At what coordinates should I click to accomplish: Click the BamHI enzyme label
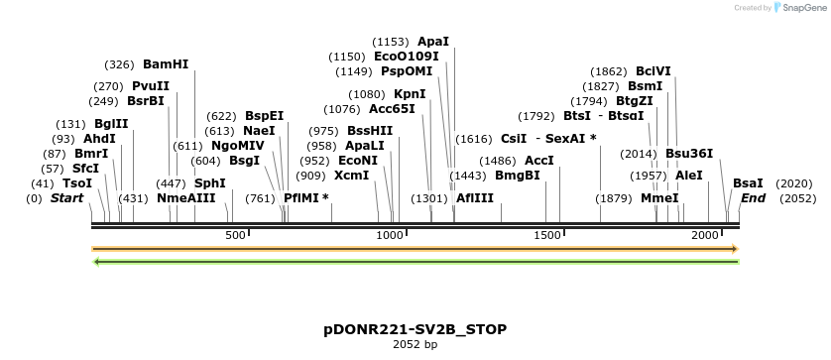166,64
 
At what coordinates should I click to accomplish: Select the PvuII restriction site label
151,86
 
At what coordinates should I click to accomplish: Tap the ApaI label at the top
433,42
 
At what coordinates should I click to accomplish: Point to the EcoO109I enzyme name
407,57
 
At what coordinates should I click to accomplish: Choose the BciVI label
653,71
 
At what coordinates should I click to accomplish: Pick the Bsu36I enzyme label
689,154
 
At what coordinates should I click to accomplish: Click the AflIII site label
475,198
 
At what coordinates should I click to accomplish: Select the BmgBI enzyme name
517,176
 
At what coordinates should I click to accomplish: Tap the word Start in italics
67,198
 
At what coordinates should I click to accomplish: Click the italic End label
753,198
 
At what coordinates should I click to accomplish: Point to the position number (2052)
797,198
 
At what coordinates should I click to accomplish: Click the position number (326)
119,64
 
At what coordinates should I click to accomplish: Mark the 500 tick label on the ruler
235,235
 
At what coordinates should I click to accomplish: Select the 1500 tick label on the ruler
547,235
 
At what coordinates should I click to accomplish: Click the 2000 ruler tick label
704,235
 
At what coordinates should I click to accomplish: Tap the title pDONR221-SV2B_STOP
415,328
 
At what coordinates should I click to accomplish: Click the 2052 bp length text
415,344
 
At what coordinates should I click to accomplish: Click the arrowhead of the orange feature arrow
735,249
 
